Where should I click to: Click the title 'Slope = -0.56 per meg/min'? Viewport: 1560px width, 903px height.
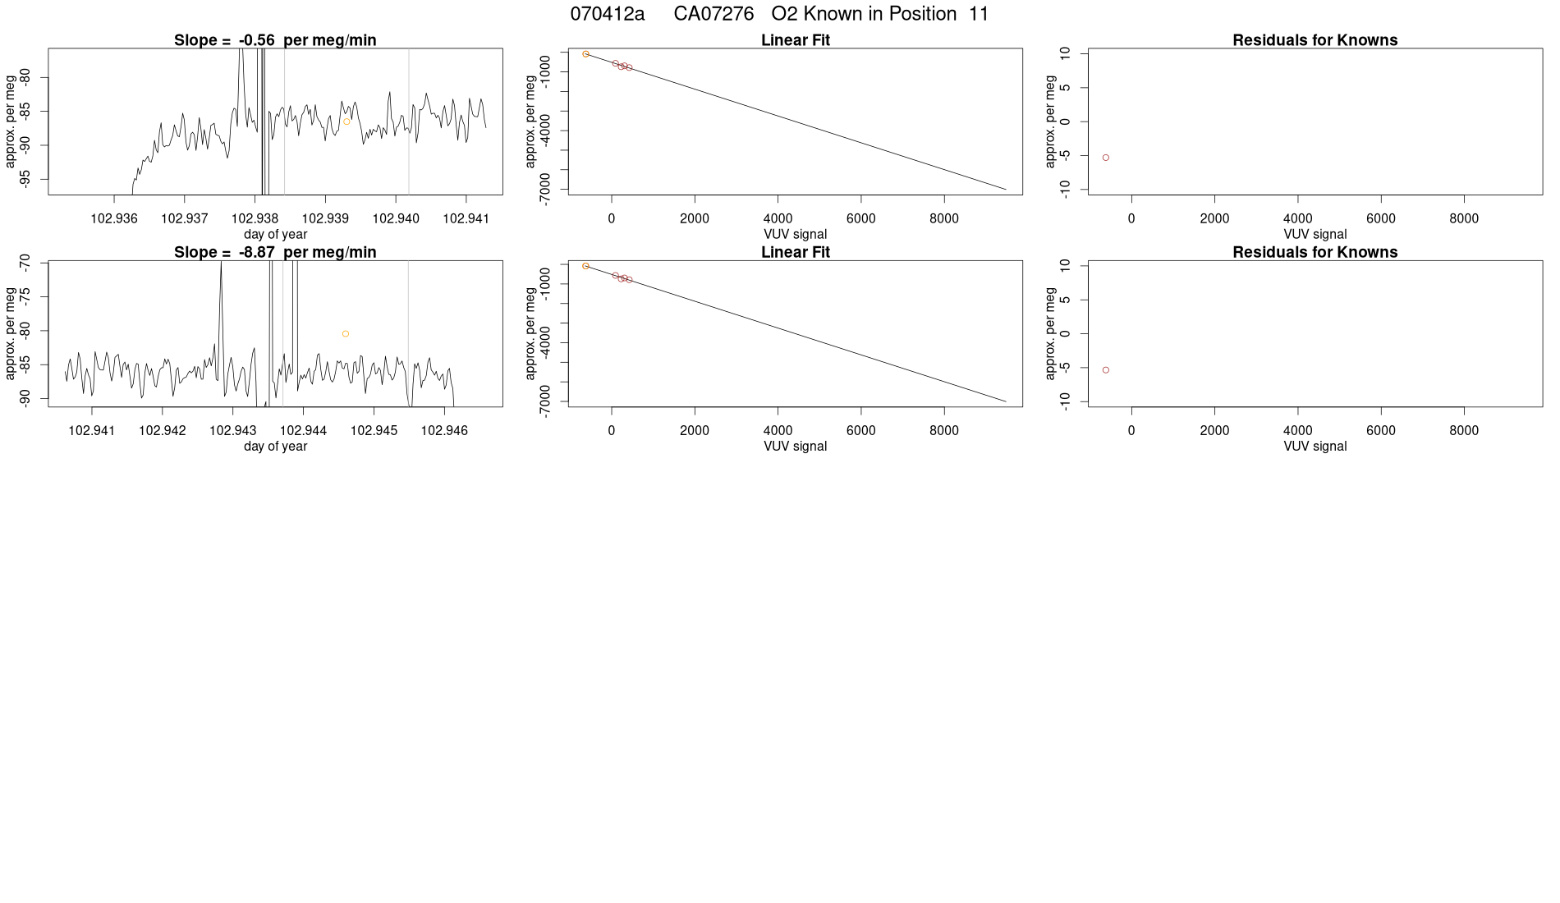275,40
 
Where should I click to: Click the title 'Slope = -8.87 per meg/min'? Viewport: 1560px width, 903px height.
275,252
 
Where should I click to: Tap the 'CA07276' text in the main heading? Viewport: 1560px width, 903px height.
713,14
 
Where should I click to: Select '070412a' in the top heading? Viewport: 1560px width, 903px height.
608,14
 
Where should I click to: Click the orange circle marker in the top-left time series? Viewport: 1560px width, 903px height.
346,121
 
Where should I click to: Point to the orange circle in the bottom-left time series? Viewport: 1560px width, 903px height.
346,334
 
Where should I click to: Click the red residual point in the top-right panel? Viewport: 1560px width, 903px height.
1106,158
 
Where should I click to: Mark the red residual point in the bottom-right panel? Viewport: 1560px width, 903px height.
1106,370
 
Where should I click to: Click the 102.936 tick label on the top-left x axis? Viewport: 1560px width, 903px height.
114,218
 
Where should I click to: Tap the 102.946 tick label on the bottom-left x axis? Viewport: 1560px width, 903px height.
444,430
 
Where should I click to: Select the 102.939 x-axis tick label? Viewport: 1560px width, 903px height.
325,218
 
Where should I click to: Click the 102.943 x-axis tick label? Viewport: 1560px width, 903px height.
233,430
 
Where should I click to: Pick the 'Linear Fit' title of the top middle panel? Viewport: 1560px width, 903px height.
796,40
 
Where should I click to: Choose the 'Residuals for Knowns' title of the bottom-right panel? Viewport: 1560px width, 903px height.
1315,252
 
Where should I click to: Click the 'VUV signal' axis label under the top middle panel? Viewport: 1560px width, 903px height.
795,234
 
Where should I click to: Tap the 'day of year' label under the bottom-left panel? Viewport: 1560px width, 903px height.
275,447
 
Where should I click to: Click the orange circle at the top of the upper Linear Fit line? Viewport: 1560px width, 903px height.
585,54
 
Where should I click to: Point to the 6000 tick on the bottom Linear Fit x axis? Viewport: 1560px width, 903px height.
860,430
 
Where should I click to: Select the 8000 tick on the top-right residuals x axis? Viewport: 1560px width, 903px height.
1463,218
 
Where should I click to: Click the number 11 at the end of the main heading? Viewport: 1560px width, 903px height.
979,14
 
